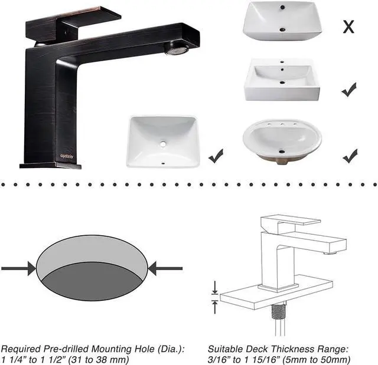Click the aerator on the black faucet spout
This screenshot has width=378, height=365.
[x=177, y=51]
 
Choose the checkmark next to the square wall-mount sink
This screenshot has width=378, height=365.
[x=349, y=90]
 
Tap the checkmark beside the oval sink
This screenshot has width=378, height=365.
[x=350, y=156]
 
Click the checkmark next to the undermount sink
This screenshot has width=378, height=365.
[x=216, y=156]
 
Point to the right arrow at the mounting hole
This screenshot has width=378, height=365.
[x=165, y=269]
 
